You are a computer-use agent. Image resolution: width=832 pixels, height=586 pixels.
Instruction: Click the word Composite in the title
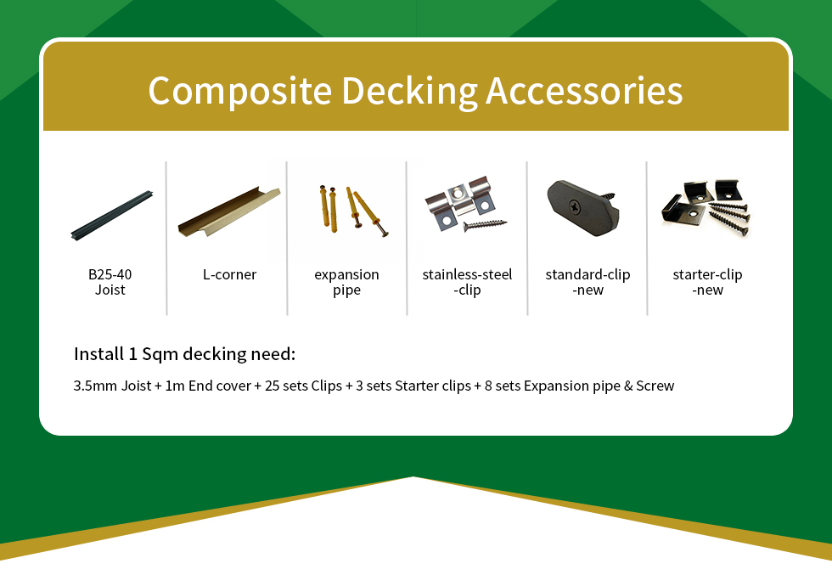(239, 91)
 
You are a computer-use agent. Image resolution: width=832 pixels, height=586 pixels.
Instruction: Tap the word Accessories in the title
(584, 91)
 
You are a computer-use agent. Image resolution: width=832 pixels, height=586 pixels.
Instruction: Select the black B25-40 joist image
(112, 215)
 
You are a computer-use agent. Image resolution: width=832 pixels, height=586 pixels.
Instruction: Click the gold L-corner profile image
(229, 211)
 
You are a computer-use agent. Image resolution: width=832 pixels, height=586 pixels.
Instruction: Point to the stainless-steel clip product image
(465, 205)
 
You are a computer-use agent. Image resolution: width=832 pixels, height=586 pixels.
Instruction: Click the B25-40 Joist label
(110, 282)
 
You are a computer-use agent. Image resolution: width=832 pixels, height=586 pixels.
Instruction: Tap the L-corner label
(229, 274)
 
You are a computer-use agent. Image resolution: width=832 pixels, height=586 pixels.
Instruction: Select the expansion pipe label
(346, 282)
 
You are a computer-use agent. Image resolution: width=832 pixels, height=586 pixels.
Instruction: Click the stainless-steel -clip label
(467, 282)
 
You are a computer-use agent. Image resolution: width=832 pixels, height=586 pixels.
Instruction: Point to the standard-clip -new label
(587, 282)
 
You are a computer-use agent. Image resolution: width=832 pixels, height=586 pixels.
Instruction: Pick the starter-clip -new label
(707, 282)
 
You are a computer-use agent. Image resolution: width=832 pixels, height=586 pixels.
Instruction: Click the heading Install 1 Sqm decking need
(185, 354)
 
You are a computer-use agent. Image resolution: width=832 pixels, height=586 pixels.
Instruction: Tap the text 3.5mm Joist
(112, 386)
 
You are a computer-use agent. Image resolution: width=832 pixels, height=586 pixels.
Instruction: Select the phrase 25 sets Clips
(304, 386)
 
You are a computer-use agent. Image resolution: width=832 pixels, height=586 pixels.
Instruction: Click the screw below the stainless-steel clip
(485, 225)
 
